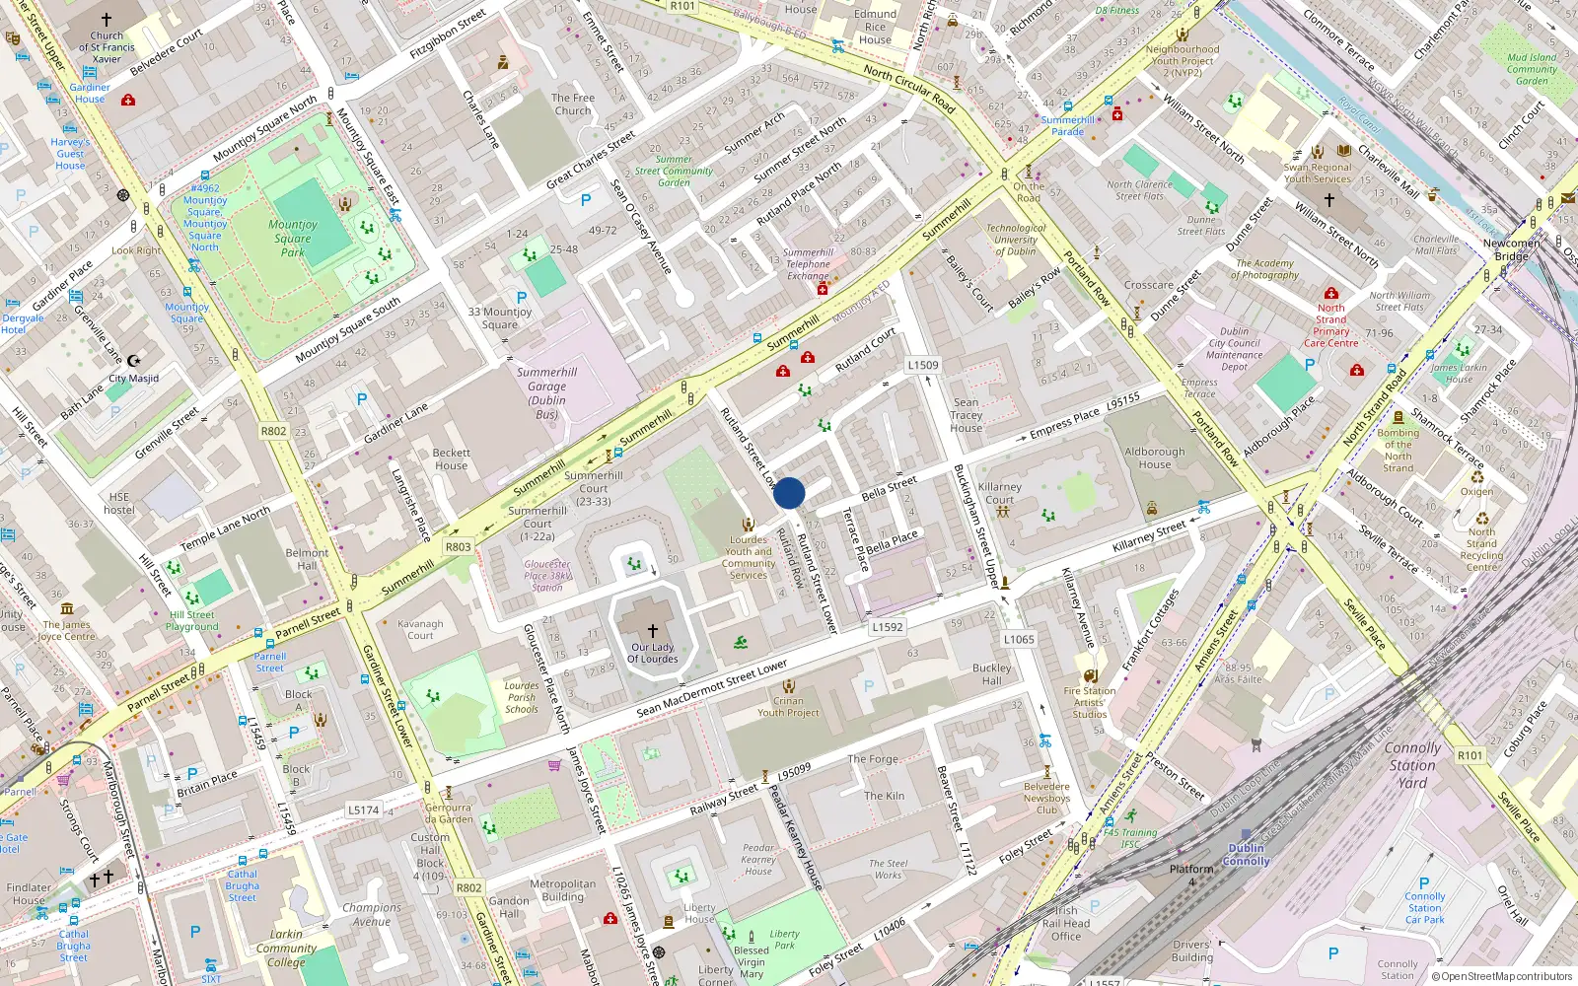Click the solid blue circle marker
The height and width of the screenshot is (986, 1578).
(x=789, y=493)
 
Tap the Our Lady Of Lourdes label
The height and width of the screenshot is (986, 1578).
(x=653, y=653)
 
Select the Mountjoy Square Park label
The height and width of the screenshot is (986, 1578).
(x=293, y=238)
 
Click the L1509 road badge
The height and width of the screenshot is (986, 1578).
(x=923, y=365)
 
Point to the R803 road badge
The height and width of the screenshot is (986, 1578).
(x=459, y=547)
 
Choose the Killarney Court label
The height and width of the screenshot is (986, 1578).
(x=1000, y=493)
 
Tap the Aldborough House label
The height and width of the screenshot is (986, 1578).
(x=1155, y=458)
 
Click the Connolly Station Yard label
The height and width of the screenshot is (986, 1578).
(x=1412, y=765)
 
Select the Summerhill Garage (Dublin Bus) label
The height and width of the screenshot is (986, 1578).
(x=547, y=393)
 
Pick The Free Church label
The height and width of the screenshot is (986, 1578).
(x=573, y=105)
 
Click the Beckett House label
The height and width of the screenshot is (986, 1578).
(x=452, y=459)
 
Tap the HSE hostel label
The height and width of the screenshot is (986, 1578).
(x=119, y=503)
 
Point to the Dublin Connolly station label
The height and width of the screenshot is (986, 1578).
(x=1247, y=854)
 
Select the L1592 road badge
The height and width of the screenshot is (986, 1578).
(x=888, y=626)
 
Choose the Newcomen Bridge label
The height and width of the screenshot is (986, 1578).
(x=1511, y=249)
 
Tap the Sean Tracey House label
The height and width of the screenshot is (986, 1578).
(x=967, y=415)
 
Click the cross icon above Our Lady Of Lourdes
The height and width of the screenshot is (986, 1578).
(x=653, y=630)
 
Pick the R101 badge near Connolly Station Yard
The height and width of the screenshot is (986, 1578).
(x=1470, y=755)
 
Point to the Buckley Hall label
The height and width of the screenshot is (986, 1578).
(x=992, y=674)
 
